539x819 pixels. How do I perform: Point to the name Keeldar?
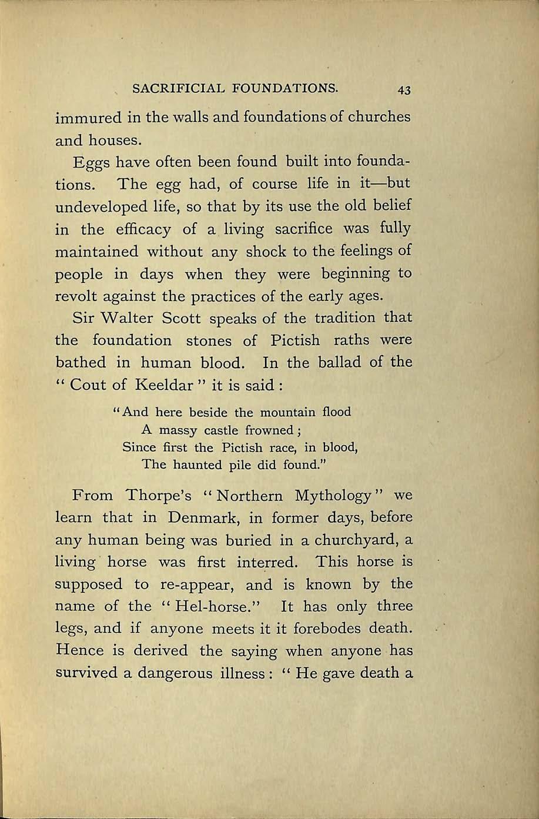[x=168, y=385]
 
